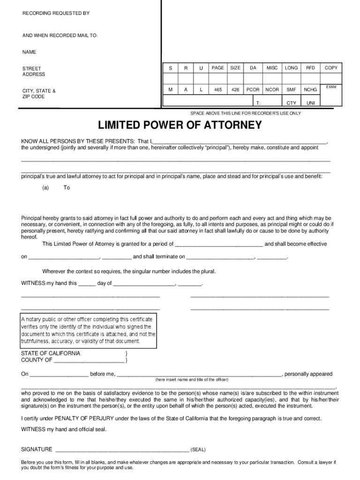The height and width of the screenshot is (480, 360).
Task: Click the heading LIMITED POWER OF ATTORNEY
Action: click(180, 126)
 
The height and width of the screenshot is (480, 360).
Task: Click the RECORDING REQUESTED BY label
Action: click(56, 13)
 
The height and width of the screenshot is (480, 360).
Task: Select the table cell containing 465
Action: click(218, 90)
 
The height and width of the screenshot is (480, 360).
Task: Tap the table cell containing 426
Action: click(235, 90)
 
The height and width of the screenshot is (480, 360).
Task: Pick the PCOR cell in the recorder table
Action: click(253, 90)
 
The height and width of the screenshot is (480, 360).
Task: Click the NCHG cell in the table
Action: click(310, 90)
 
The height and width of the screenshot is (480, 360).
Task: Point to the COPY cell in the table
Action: click(331, 68)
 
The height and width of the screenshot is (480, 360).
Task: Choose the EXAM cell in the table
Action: click(331, 87)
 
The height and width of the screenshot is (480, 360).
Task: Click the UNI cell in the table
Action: click(310, 103)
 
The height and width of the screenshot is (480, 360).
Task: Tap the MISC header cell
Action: click(272, 68)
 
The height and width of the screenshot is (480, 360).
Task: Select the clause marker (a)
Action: click(45, 187)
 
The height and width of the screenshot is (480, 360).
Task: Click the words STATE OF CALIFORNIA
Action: click(51, 353)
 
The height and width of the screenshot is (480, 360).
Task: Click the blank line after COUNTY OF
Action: click(89, 361)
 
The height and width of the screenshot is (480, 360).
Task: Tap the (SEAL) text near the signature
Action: click(198, 450)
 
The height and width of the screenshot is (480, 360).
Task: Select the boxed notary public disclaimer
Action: click(88, 330)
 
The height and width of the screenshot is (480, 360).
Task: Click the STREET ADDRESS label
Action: click(34, 71)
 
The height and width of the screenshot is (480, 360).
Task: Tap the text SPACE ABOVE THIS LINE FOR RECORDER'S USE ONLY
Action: click(245, 113)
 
